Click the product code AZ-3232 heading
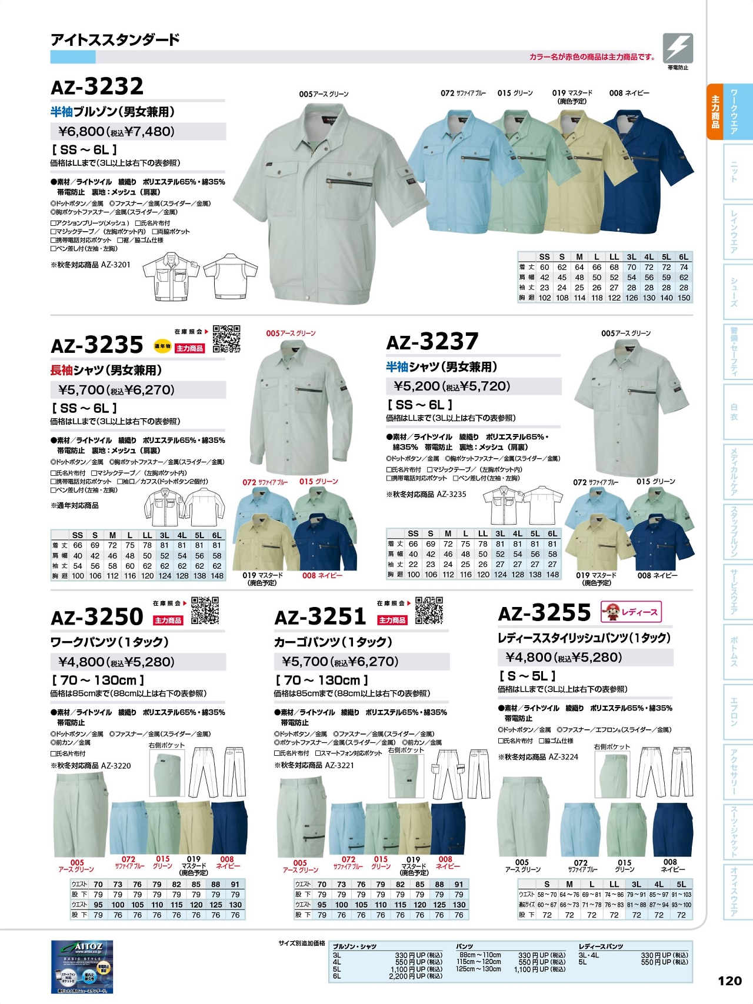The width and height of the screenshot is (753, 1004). (x=97, y=87)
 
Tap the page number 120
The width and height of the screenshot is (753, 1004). (x=729, y=980)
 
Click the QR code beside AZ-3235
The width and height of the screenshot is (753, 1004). (x=226, y=338)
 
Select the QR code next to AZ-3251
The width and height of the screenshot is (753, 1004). (x=429, y=610)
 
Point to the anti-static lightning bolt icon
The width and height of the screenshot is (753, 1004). (x=678, y=48)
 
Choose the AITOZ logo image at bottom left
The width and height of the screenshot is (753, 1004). (x=82, y=967)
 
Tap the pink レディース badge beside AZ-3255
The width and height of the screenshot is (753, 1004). (x=631, y=612)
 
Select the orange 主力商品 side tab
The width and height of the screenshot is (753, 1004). (x=715, y=112)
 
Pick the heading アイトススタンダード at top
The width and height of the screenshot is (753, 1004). (x=115, y=40)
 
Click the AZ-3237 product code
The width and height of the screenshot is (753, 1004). (x=432, y=342)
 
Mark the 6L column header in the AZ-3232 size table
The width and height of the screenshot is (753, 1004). (x=684, y=257)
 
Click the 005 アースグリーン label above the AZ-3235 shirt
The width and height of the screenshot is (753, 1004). (x=291, y=333)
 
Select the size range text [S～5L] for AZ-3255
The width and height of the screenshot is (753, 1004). (x=527, y=676)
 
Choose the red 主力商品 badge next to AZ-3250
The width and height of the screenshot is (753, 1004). (x=168, y=621)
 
